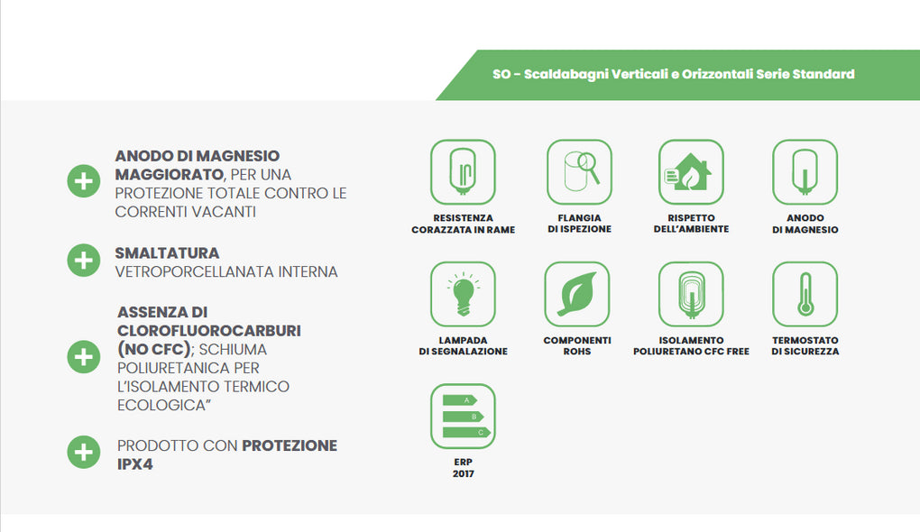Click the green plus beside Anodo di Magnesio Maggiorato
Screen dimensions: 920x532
[83, 181]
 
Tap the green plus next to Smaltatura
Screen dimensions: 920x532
[83, 260]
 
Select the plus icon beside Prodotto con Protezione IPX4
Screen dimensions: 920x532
[83, 453]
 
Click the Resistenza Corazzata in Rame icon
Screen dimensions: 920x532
[463, 172]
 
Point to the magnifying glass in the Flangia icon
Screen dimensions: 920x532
[588, 167]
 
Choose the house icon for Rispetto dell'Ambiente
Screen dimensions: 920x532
[691, 171]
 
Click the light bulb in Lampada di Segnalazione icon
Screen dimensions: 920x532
[463, 294]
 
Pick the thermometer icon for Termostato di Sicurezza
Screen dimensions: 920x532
[805, 294]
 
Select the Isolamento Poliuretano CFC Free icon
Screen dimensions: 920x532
[691, 294]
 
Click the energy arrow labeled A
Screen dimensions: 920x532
[460, 400]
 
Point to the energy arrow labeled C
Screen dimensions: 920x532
[466, 432]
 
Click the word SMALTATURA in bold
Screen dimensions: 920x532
[167, 252]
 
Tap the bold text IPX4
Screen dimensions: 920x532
[135, 464]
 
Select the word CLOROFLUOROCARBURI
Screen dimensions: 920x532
[209, 331]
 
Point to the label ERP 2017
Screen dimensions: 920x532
[463, 467]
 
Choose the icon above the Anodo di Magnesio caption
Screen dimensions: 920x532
[805, 172]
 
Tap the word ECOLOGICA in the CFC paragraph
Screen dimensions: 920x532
[161, 405]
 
